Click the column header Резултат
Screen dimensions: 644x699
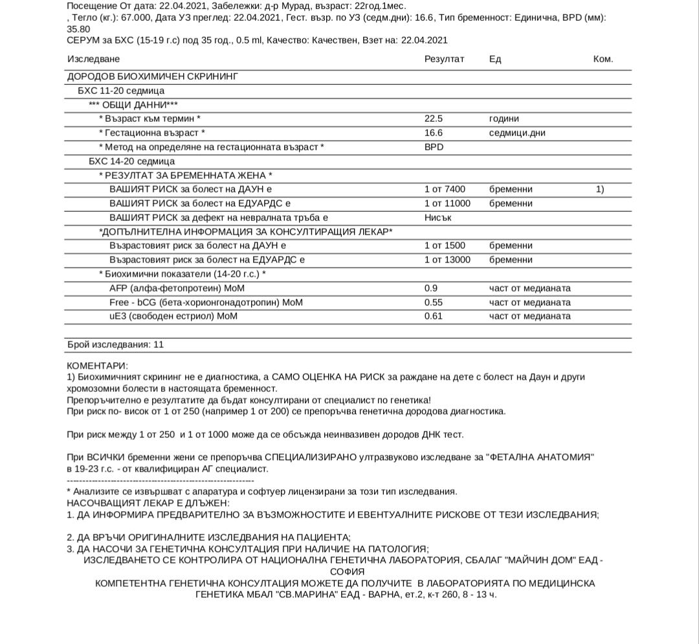pos(444,59)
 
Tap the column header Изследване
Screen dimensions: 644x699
pos(94,59)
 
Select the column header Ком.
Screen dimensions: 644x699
pos(603,59)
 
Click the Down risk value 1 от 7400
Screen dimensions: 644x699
pos(445,189)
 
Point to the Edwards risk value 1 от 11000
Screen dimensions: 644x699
pos(447,203)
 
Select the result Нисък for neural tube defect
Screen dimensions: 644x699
pos(438,218)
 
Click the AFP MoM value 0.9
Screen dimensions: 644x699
pos(431,288)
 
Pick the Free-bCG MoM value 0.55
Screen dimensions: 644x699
pos(434,303)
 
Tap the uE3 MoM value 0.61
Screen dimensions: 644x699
pos(434,316)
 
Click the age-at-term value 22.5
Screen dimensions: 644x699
pos(434,119)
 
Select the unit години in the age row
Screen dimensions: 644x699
pos(504,119)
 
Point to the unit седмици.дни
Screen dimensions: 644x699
pos(517,133)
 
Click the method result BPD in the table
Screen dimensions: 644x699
pos(434,147)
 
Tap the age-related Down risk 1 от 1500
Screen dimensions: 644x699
pos(445,246)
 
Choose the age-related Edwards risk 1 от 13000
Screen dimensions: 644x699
pos(447,260)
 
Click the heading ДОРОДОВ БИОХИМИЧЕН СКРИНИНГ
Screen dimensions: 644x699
pos(153,76)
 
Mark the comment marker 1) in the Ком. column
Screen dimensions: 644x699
pos(600,189)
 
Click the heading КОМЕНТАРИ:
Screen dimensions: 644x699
pos(98,366)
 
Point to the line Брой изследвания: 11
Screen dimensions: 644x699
pos(115,345)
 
